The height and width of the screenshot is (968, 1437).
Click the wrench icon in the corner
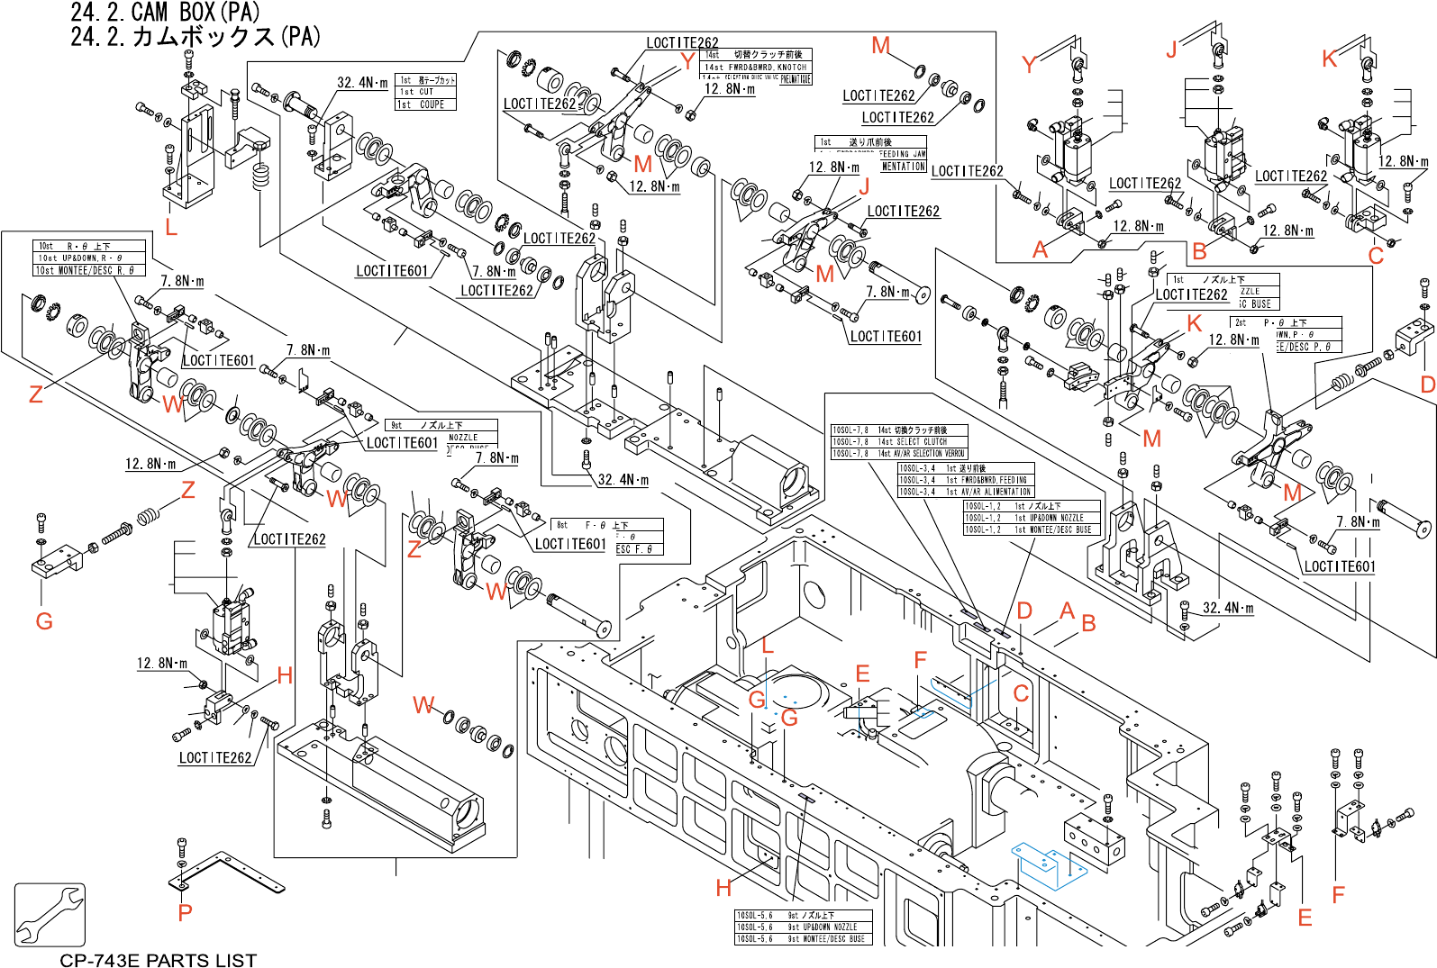(50, 914)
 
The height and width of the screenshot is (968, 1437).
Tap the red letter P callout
(185, 912)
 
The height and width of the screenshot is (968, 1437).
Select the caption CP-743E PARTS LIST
(158, 960)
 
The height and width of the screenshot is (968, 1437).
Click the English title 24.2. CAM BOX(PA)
(166, 13)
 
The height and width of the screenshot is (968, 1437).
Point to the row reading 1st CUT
(426, 92)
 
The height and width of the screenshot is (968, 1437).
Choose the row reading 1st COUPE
(426, 104)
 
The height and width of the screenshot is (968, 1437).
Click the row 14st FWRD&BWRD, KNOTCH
(756, 67)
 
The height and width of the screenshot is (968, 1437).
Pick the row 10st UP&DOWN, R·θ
(89, 258)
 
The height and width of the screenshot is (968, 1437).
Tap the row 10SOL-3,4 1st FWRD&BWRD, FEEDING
(965, 480)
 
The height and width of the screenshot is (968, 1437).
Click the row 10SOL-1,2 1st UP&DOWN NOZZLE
(1032, 518)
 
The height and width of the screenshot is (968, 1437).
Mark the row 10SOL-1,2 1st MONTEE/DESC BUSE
(1032, 529)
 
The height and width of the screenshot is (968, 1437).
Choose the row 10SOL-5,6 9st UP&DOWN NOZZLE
(803, 927)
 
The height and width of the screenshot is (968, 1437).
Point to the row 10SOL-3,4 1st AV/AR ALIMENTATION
(965, 492)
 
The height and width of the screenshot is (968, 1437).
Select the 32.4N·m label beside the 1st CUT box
(362, 83)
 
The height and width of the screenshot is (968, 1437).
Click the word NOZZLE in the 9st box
(463, 437)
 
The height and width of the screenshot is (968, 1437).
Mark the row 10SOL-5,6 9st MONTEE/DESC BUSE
(803, 938)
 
